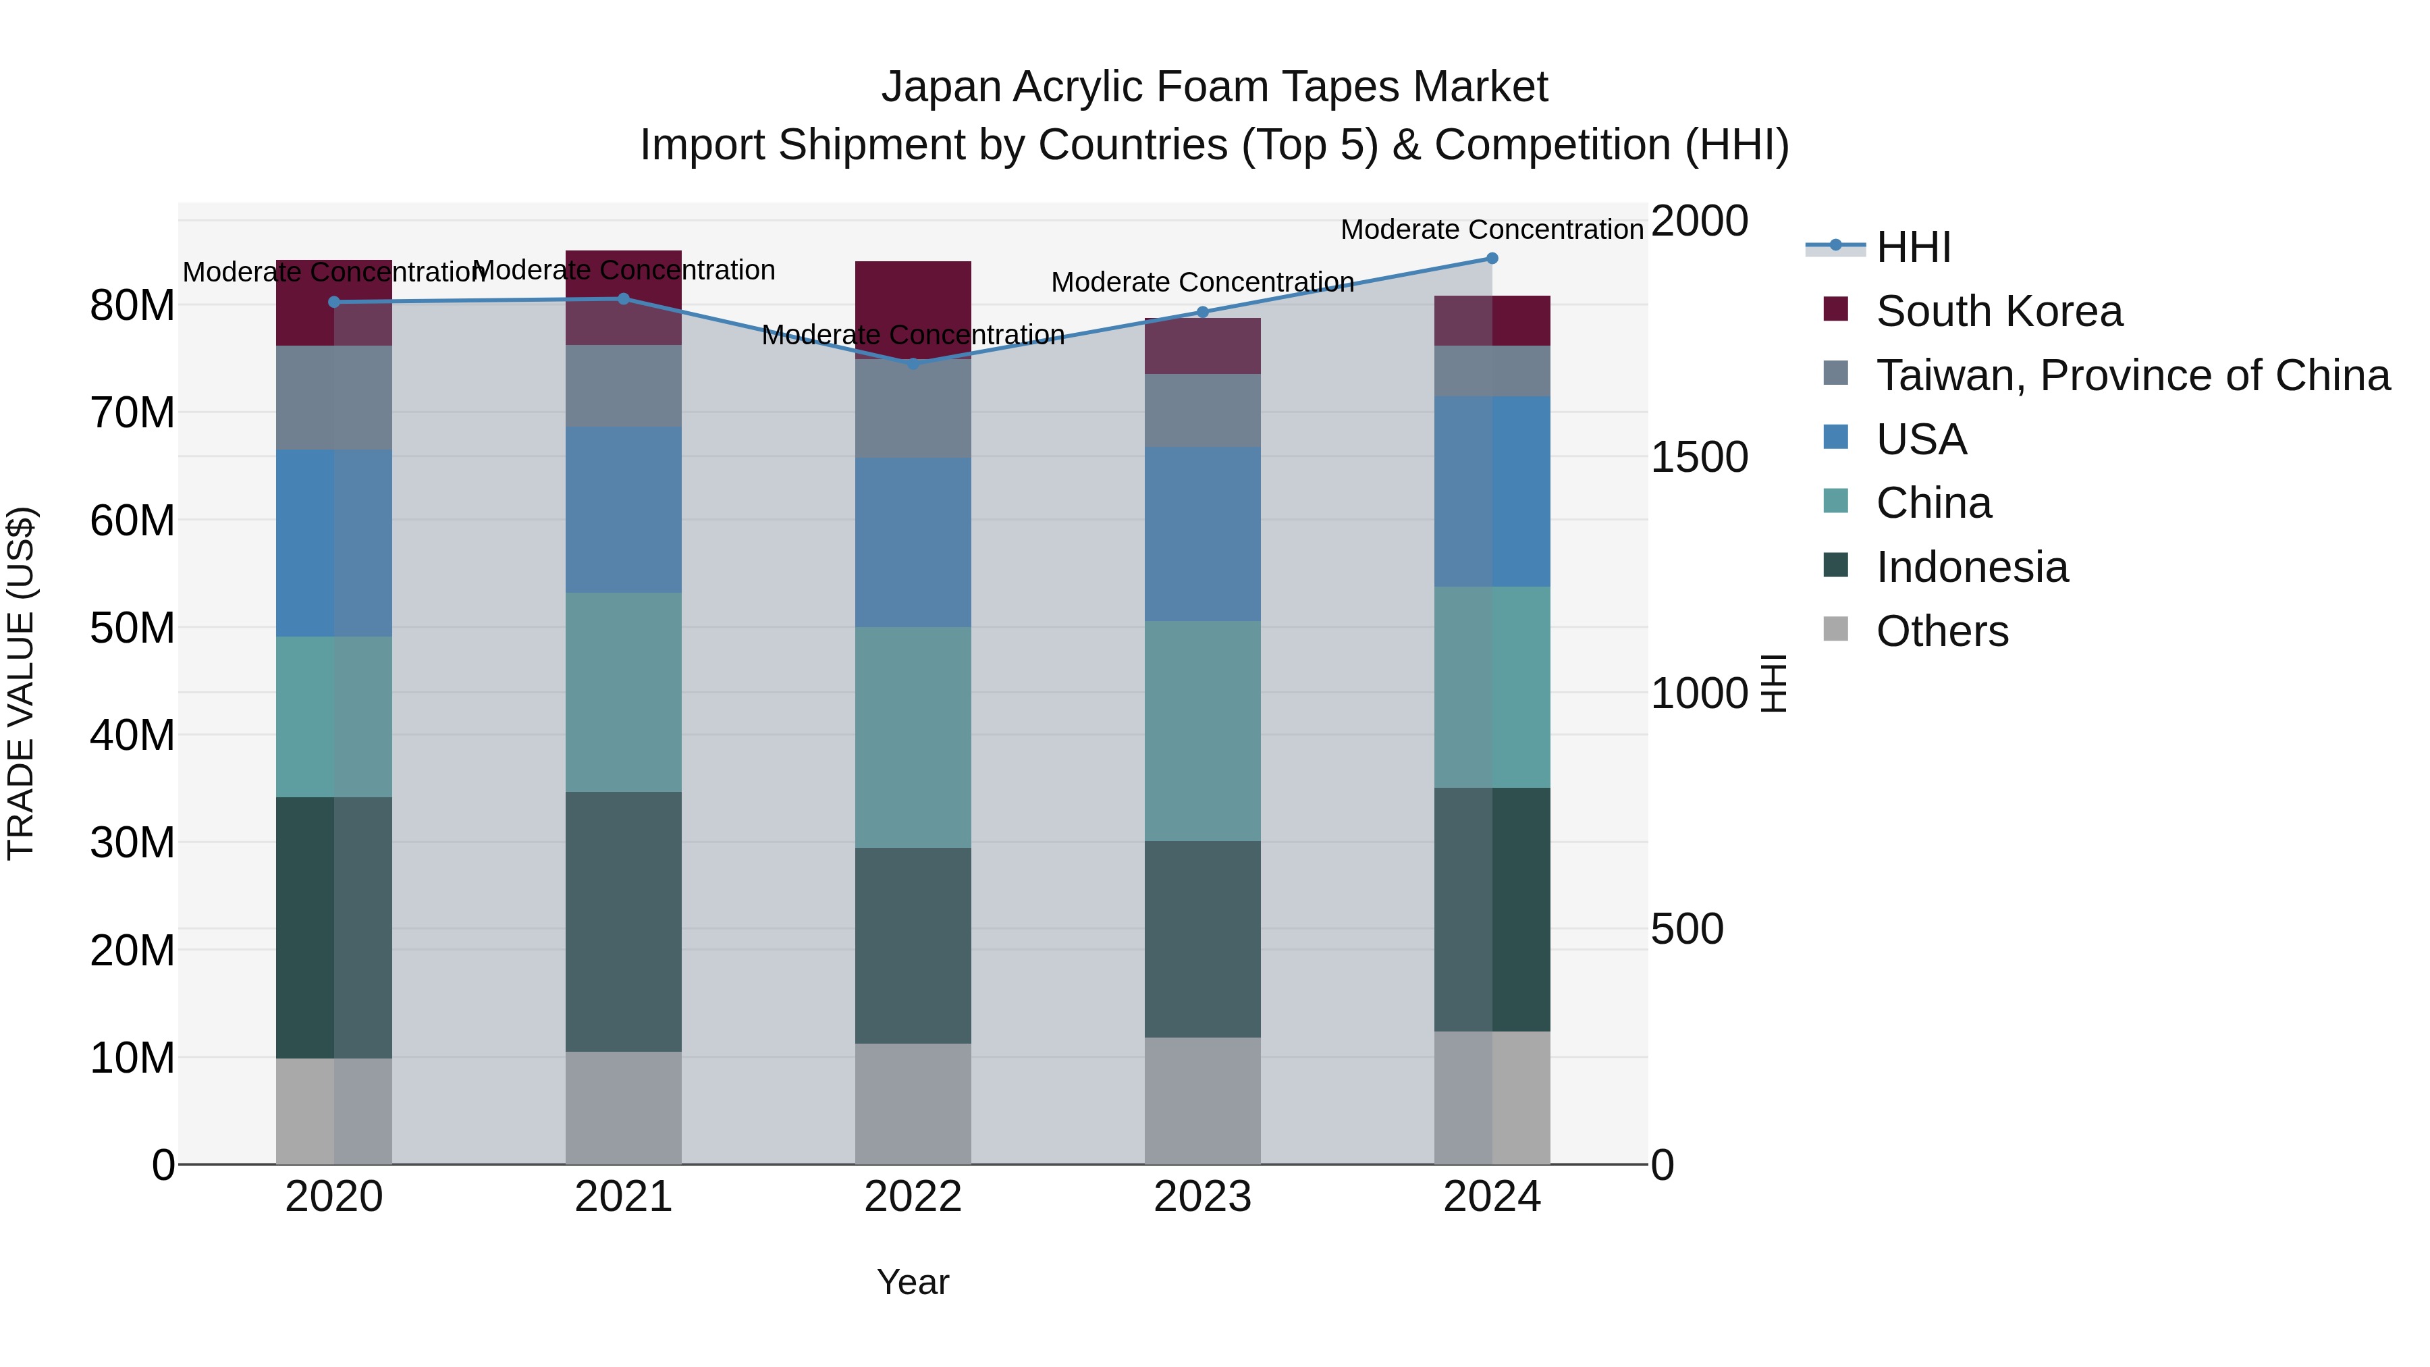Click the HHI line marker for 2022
[x=912, y=363]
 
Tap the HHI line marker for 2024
[x=1491, y=259]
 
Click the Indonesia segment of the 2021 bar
[x=622, y=921]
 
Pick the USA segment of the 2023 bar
[x=1201, y=534]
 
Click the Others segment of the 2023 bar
[x=1201, y=1100]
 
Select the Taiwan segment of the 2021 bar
[x=622, y=386]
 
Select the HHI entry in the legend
[x=1912, y=247]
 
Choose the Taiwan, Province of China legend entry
[x=2132, y=375]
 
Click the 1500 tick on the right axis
[x=1699, y=458]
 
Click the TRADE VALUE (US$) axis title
[x=21, y=683]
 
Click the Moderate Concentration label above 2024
[x=1491, y=230]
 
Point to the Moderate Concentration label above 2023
[x=1201, y=282]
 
